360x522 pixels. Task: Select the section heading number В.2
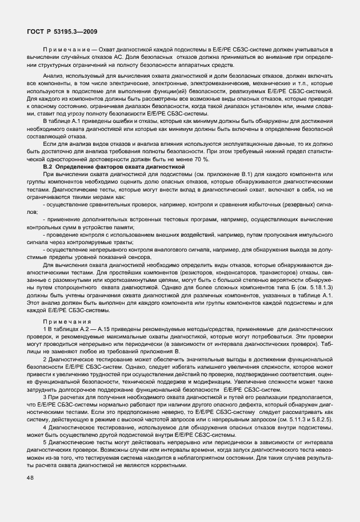pos(57,165)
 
